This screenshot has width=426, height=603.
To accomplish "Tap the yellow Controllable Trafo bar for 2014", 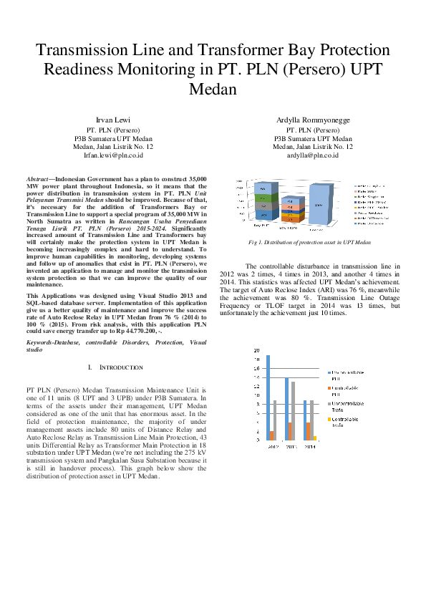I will (314, 438).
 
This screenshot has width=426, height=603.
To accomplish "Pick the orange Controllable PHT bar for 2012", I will (272, 435).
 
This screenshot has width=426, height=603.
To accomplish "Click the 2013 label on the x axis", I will (291, 446).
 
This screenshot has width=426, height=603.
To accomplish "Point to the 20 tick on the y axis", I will (256, 350).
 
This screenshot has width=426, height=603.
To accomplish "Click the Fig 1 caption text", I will (309, 243).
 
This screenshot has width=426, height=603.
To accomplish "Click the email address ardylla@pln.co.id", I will (313, 155).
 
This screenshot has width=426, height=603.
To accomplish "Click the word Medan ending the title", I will (213, 89).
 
